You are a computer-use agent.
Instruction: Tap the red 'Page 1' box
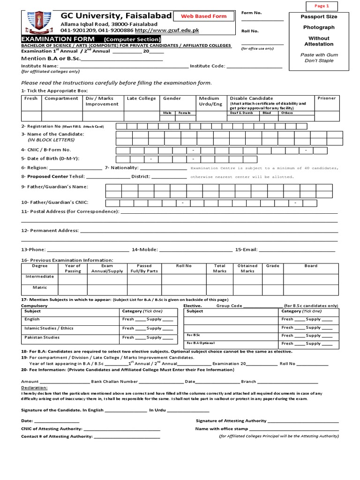click(x=322, y=6)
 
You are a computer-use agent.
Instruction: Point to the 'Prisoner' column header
click(x=326, y=98)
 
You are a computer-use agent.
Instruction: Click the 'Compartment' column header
click(x=61, y=98)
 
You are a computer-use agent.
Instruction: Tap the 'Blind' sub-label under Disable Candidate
click(x=267, y=113)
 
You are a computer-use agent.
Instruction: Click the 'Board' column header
click(x=311, y=266)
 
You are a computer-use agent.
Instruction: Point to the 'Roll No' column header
click(x=183, y=266)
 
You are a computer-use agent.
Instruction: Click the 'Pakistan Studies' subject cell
click(x=42, y=337)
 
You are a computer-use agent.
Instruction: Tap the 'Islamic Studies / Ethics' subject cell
click(x=49, y=328)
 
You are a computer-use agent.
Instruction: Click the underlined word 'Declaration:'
click(x=34, y=388)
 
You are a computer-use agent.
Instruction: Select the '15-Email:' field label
click(x=246, y=250)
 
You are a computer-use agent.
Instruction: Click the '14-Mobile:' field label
click(x=145, y=250)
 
